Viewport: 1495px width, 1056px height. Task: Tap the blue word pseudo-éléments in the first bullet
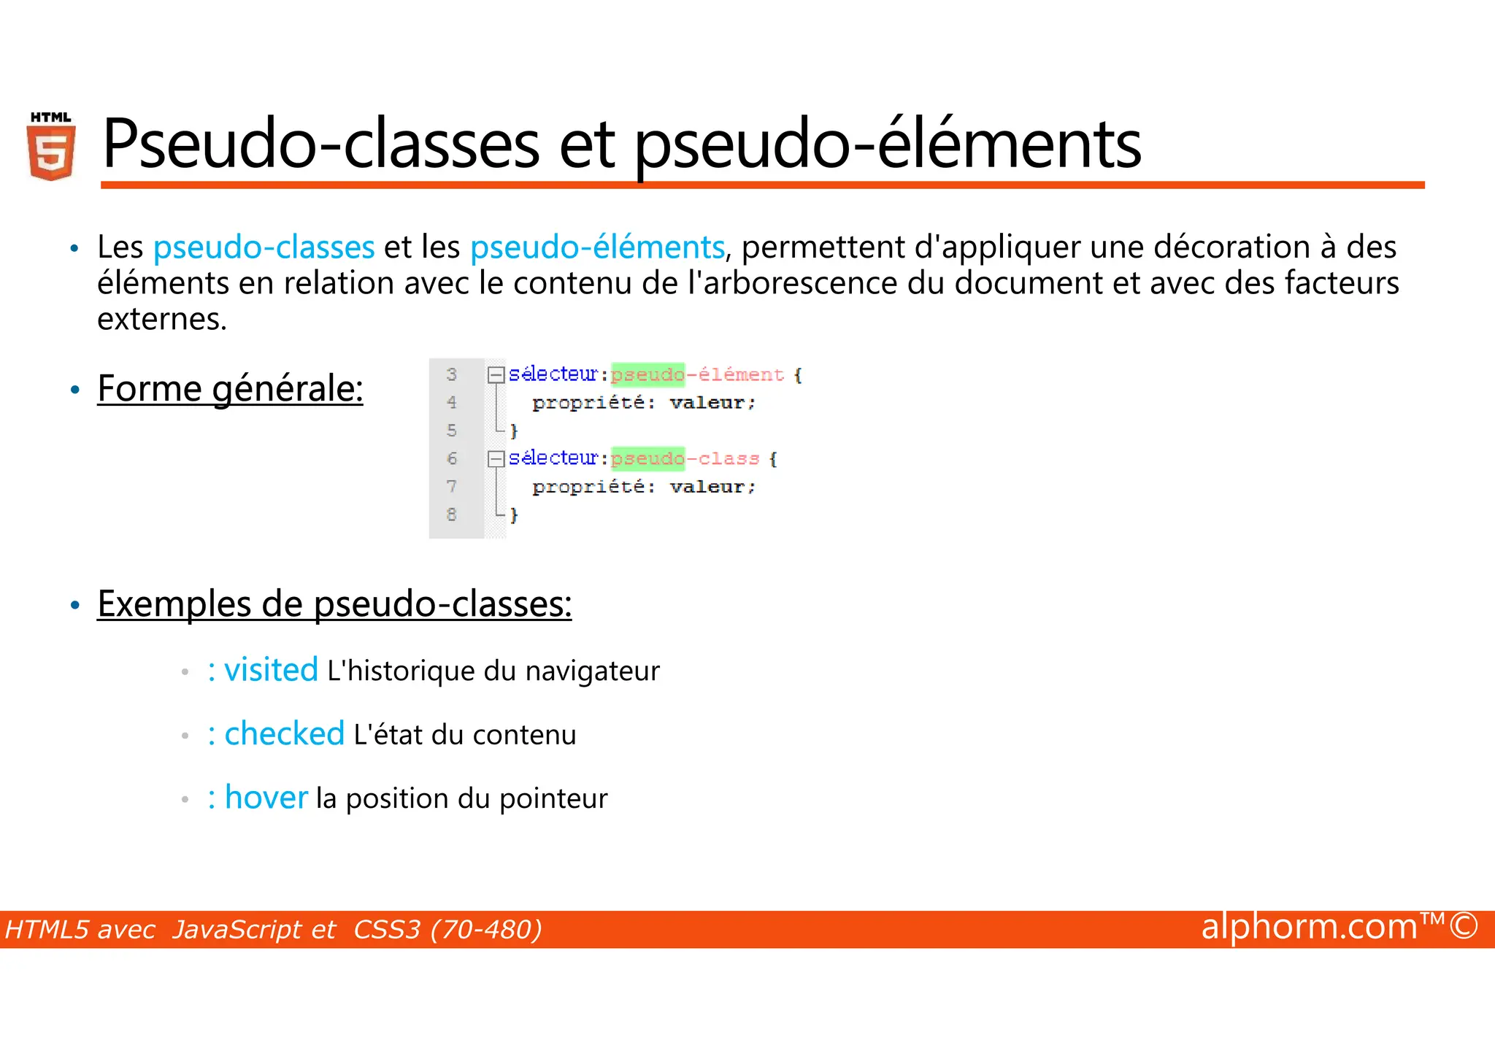(x=596, y=247)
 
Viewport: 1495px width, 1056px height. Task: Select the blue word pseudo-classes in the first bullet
(x=264, y=247)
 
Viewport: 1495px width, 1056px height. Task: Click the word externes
(x=161, y=319)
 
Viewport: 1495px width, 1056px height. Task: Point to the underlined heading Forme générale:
(x=230, y=388)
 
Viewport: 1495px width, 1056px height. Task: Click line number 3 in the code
(x=452, y=374)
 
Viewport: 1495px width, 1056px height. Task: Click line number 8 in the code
(x=452, y=514)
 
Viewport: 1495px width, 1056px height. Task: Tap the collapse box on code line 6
(x=496, y=459)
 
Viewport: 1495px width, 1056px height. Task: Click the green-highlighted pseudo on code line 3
(x=647, y=374)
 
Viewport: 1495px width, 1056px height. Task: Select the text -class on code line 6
(x=723, y=459)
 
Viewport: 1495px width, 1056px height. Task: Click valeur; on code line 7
(x=712, y=487)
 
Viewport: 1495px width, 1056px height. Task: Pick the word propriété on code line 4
(x=588, y=403)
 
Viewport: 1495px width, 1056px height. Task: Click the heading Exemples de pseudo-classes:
(x=334, y=604)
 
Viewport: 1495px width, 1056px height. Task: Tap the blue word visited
(x=271, y=670)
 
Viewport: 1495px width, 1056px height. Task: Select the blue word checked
(x=284, y=733)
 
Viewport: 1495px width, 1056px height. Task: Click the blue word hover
(x=266, y=798)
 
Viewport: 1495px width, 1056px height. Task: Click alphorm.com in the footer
(x=1309, y=928)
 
